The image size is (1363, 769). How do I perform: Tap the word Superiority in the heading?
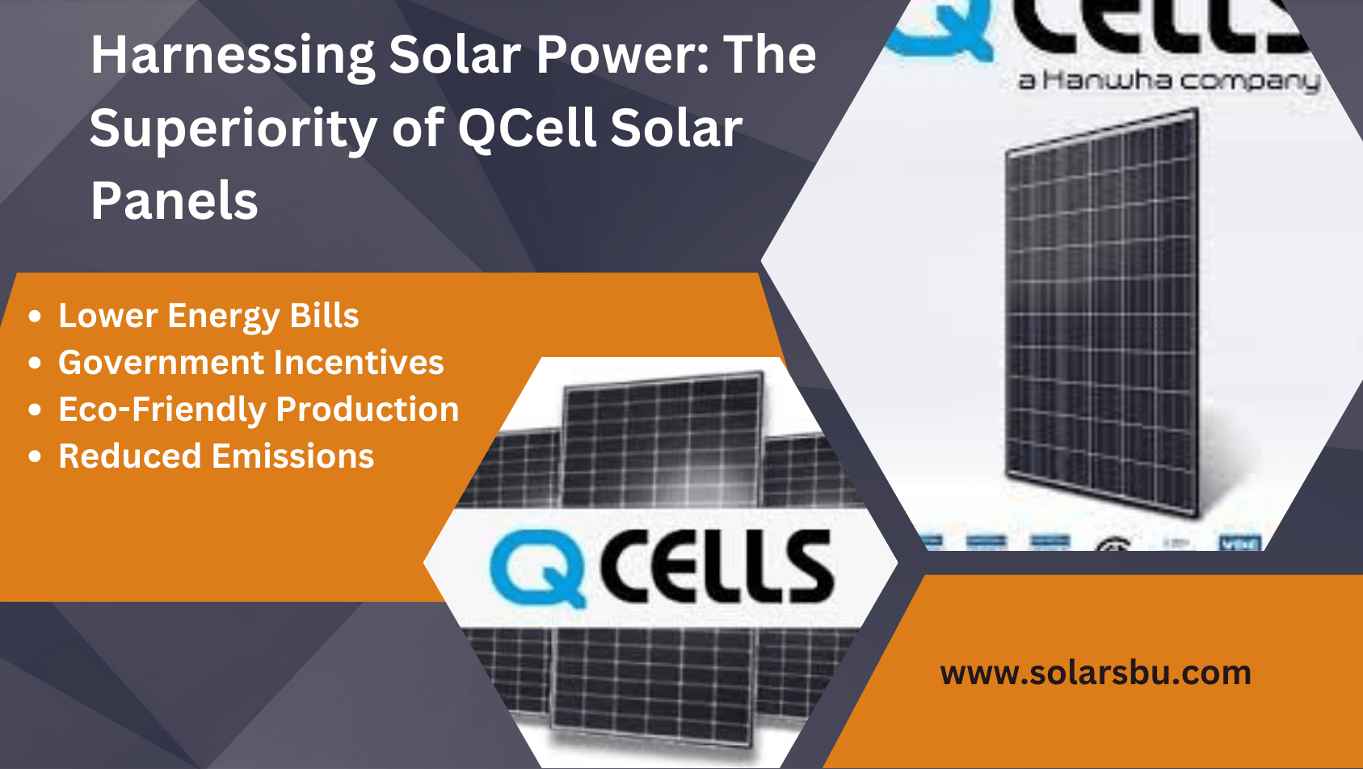[233, 129]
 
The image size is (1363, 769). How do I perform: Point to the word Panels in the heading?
[175, 201]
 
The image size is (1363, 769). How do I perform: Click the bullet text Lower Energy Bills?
[208, 316]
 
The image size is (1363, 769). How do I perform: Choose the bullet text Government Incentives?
[251, 363]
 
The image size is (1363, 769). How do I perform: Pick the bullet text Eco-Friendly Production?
[259, 410]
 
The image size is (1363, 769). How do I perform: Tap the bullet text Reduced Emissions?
[217, 456]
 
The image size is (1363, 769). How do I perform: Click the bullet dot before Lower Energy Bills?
[35, 317]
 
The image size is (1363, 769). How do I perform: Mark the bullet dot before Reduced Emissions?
[35, 457]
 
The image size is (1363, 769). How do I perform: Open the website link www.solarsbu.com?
[1096, 673]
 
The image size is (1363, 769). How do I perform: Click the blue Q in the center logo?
[537, 568]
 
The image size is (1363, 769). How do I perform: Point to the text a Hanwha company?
[1168, 81]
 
